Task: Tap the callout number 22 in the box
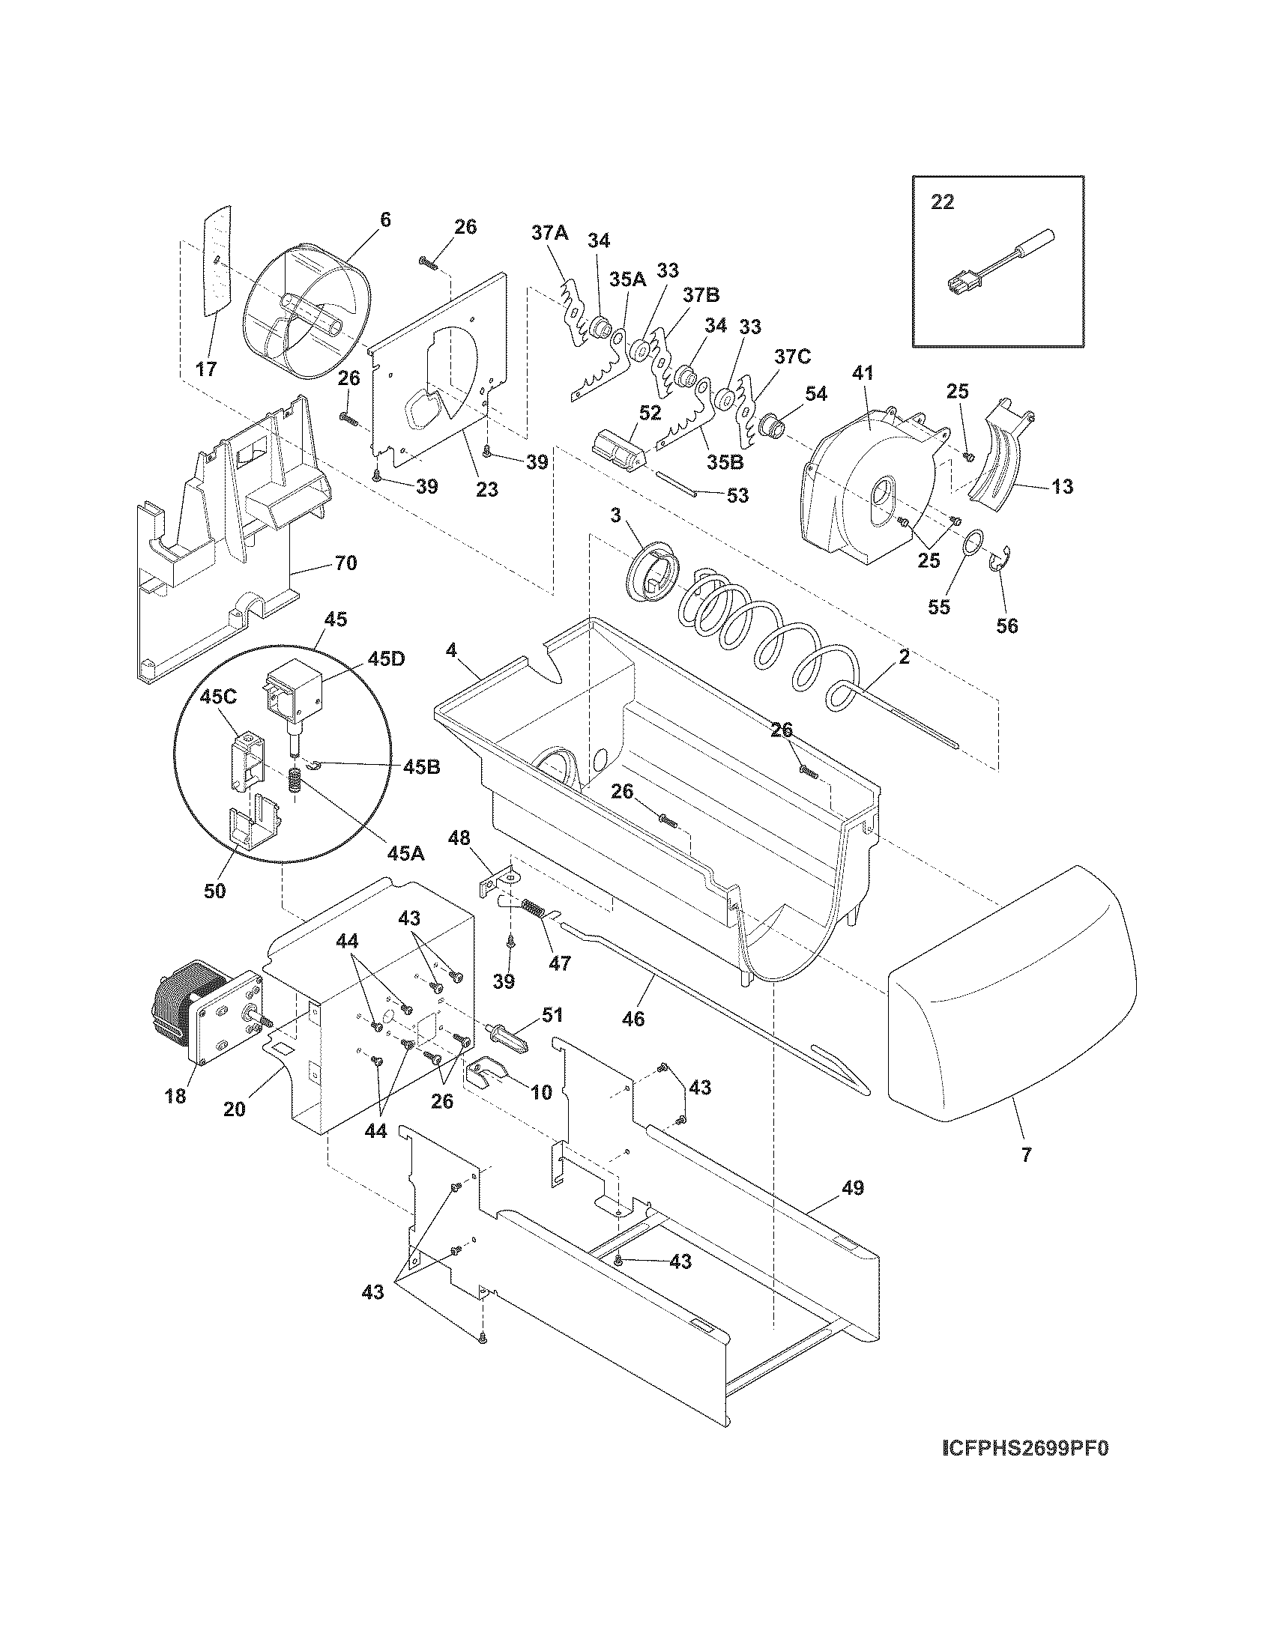[942, 202]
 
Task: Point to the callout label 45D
[387, 658]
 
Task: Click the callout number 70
[345, 563]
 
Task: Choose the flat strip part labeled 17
[216, 270]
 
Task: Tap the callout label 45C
[219, 697]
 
